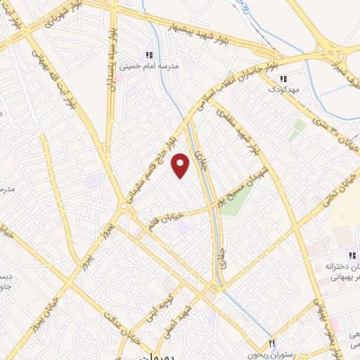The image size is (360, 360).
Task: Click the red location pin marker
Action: click(181, 166)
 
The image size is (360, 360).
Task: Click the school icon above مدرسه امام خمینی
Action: click(148, 55)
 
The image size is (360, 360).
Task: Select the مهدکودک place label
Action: click(284, 89)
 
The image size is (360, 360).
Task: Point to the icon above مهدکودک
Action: click(283, 79)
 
